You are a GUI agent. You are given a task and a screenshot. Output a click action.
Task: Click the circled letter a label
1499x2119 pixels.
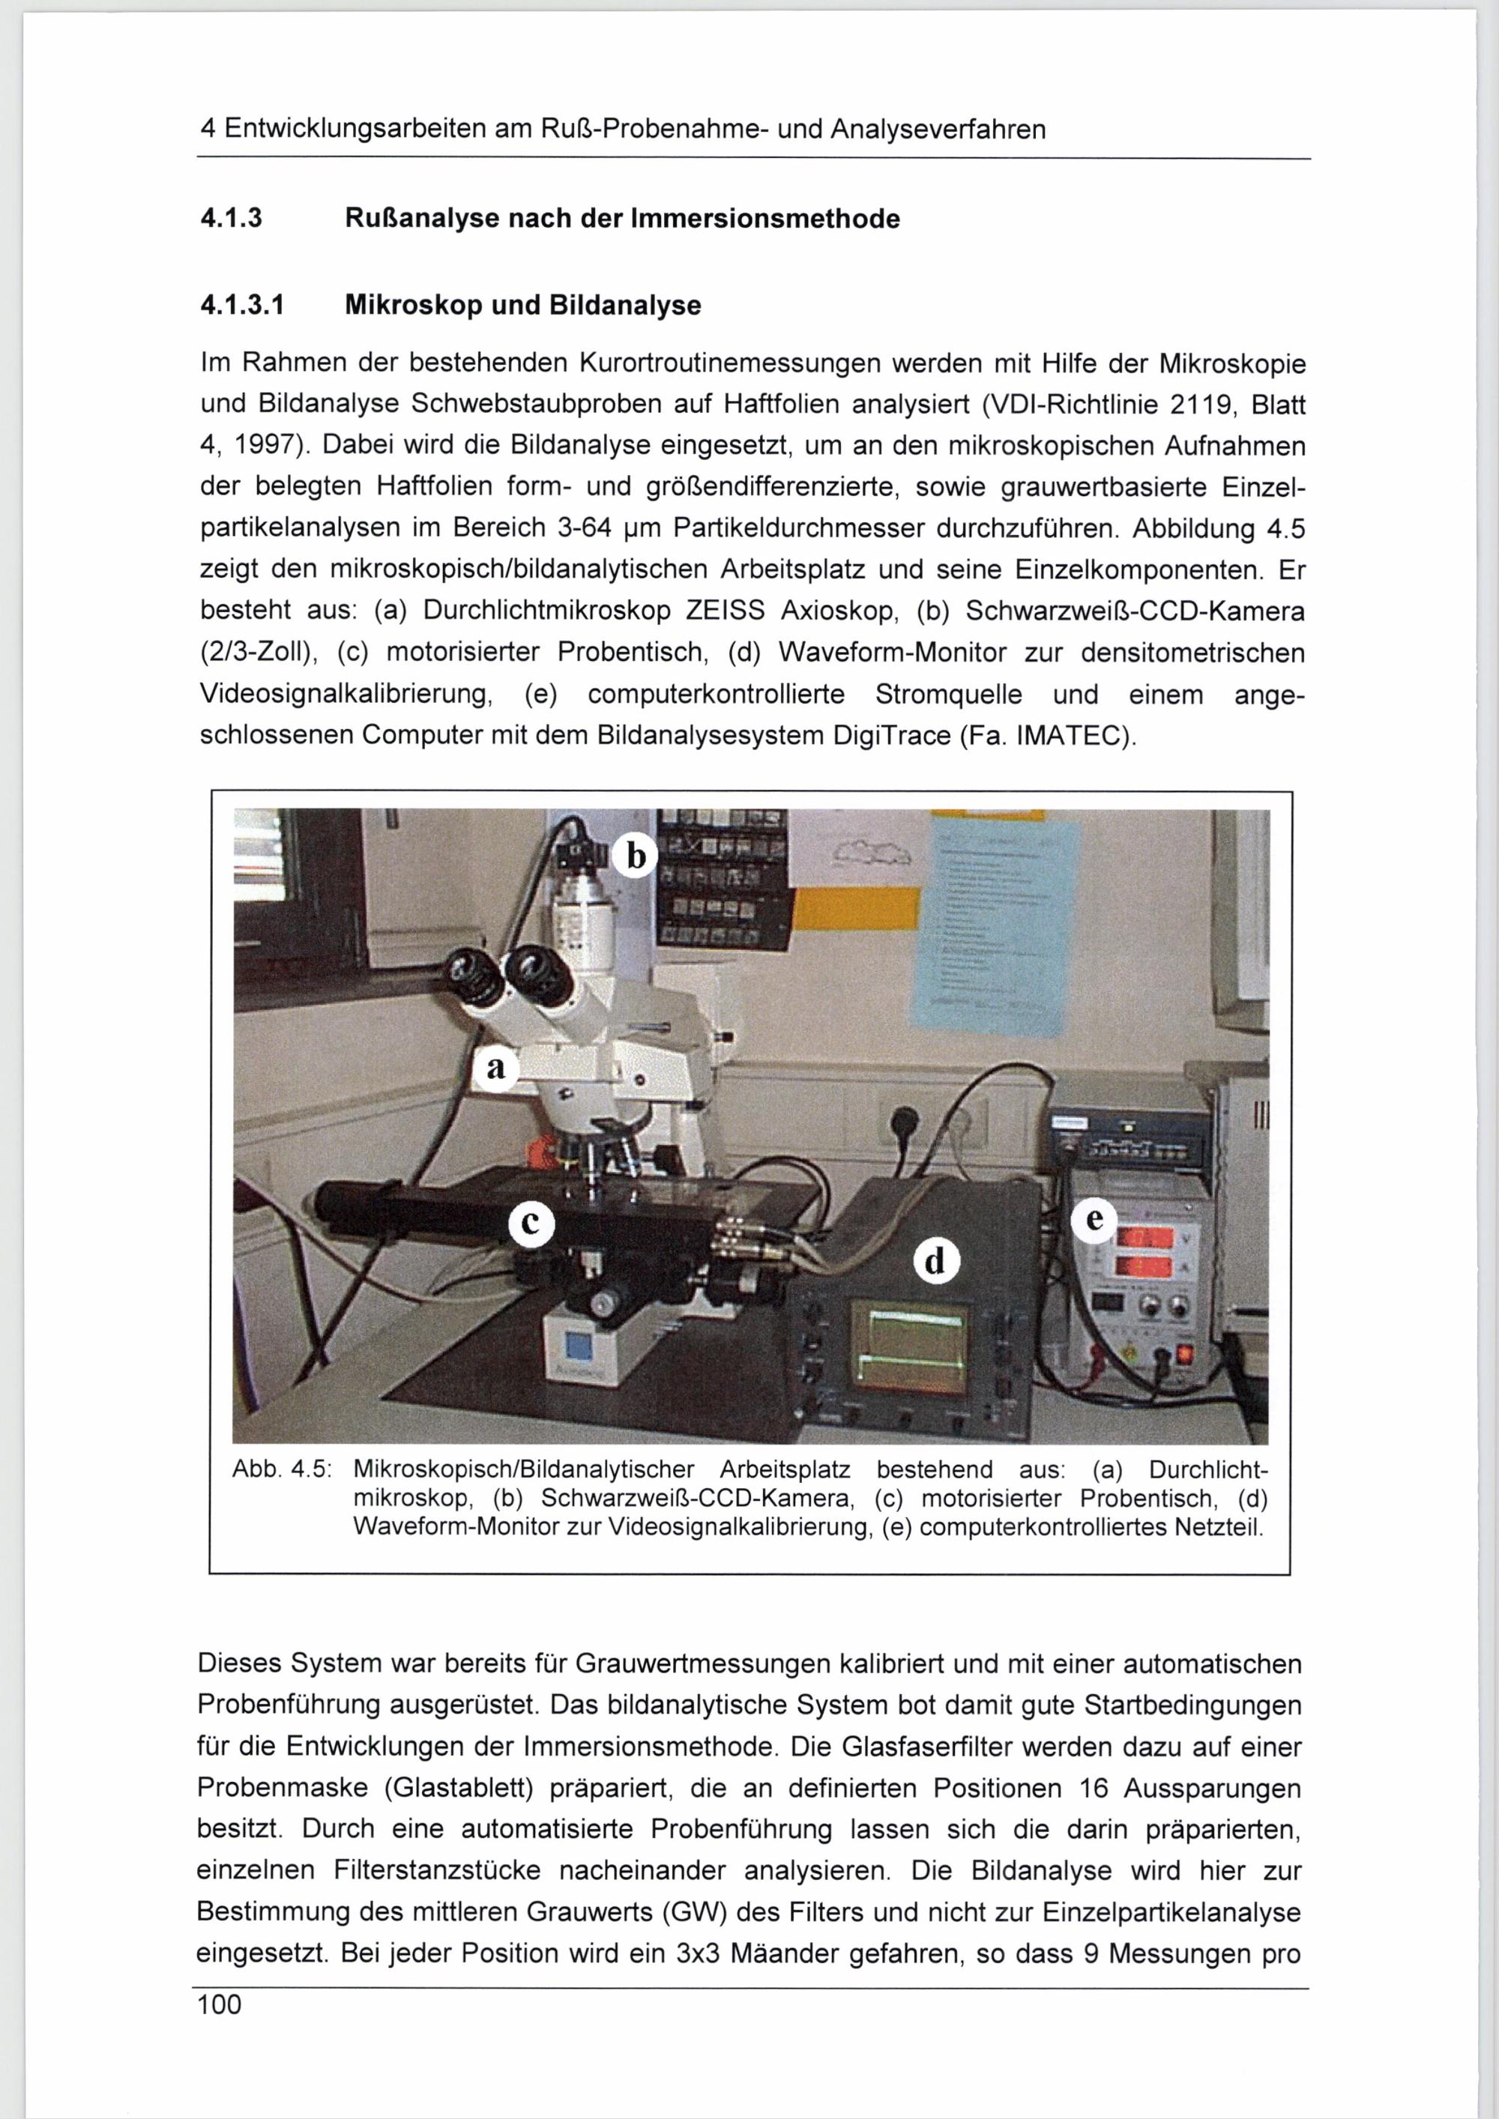click(x=497, y=1068)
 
